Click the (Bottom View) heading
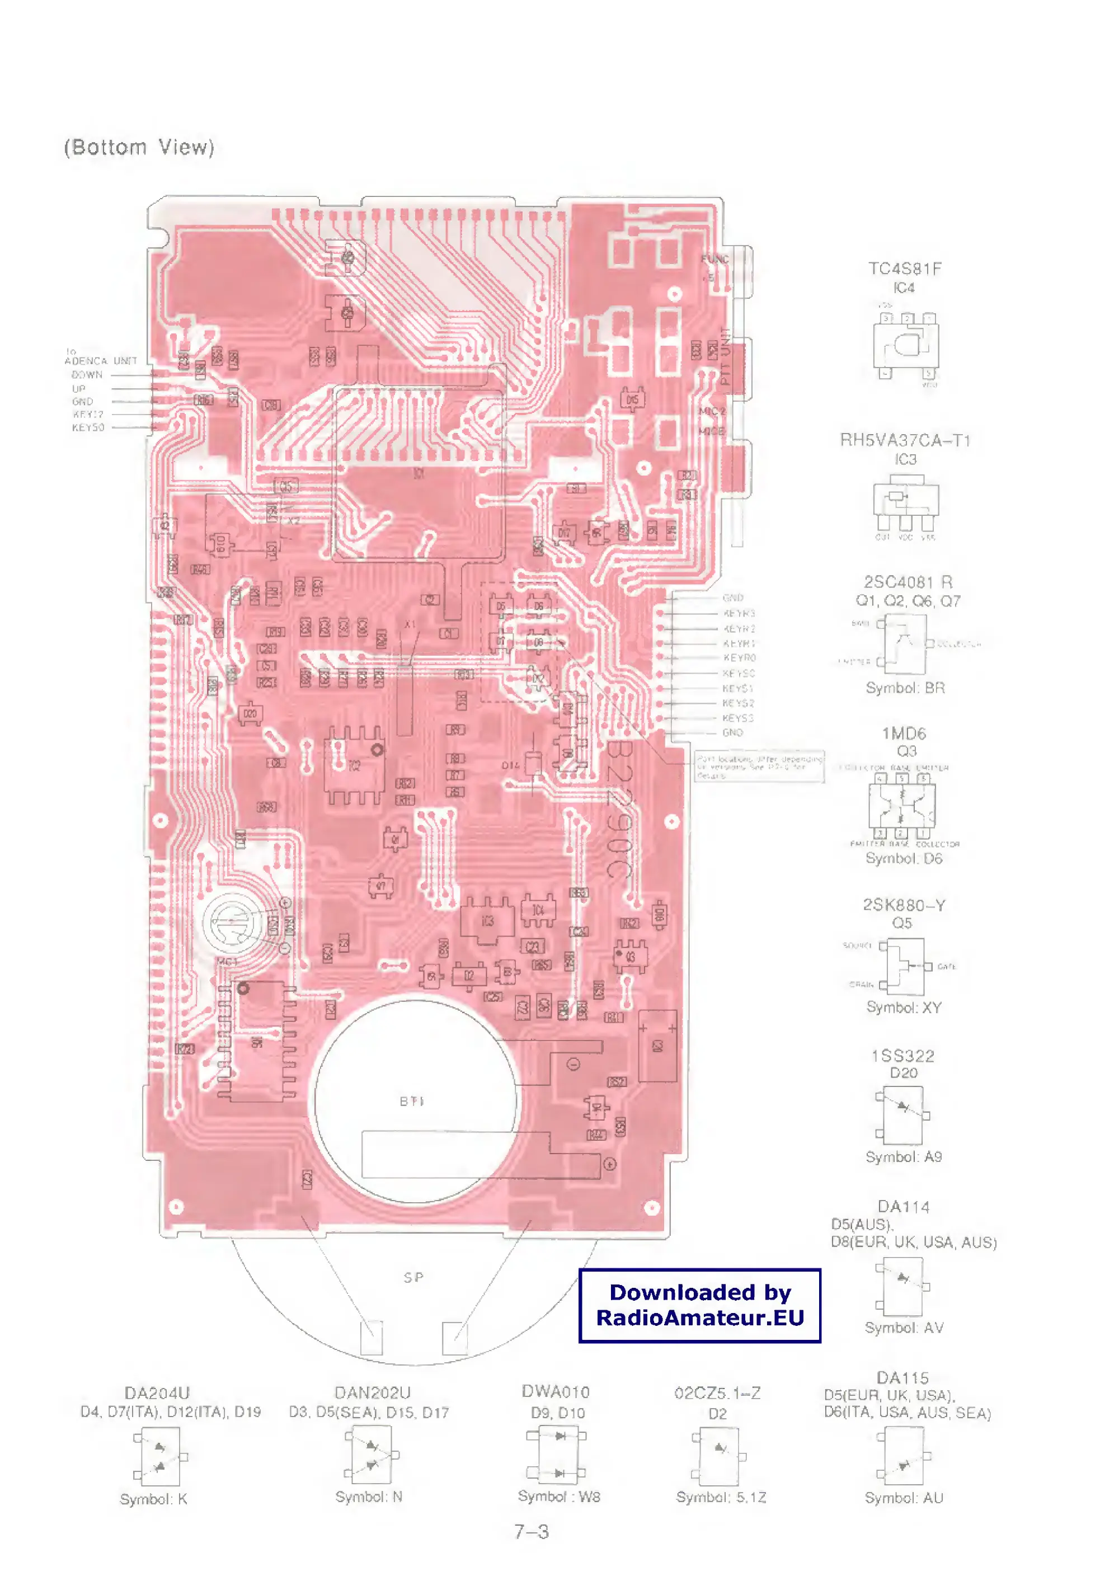coord(139,148)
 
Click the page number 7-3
coord(532,1531)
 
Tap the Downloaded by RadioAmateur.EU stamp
coord(699,1305)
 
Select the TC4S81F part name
coord(904,269)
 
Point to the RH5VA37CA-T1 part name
coord(905,440)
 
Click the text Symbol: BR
coord(905,688)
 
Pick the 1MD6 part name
coord(904,733)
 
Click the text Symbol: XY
coord(904,1007)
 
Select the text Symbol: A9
coord(904,1156)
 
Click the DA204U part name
coord(157,1393)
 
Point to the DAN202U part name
coord(372,1393)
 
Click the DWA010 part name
coord(556,1391)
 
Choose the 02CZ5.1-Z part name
coord(717,1393)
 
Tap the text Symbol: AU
coord(904,1498)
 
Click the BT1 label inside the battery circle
coord(412,1102)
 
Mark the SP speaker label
coord(413,1277)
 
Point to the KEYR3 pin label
coord(739,613)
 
